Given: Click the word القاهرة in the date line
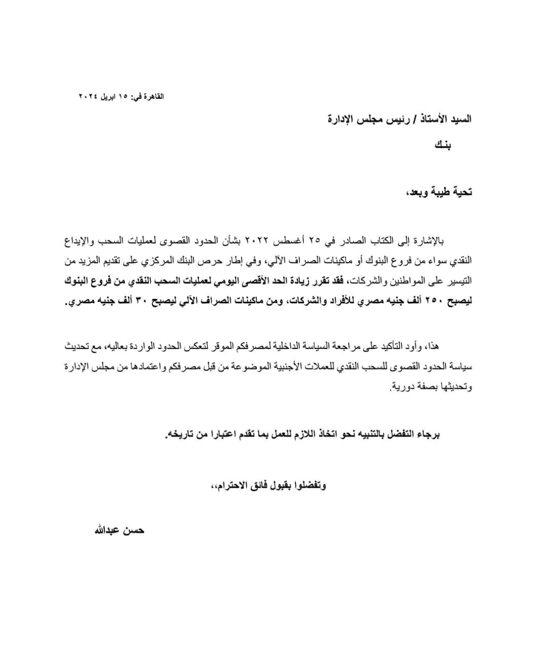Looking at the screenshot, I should [153, 96].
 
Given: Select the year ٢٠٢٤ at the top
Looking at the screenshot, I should [88, 96].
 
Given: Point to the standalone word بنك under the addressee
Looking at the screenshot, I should [442, 146].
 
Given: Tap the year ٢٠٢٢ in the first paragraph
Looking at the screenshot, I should [261, 240].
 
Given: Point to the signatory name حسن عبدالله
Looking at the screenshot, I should [119, 530].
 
